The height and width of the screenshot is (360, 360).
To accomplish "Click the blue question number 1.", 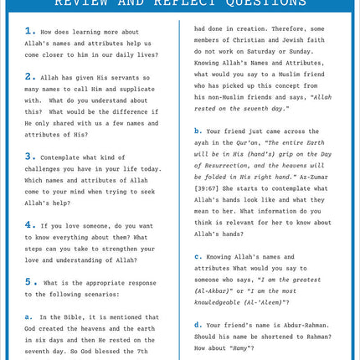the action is (29, 31).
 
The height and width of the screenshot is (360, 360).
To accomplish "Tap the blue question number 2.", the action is (29, 76).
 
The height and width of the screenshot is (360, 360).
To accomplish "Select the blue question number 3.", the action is (29, 156).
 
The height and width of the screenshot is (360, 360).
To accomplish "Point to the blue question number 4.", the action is (29, 224).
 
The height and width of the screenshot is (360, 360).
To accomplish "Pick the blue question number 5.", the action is (29, 281).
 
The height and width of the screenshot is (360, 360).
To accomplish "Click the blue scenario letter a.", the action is (28, 316).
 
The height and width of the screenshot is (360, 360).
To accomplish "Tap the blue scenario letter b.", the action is (198, 131).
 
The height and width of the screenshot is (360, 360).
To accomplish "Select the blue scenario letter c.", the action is (198, 256).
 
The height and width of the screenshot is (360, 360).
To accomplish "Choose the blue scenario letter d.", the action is (198, 324).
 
